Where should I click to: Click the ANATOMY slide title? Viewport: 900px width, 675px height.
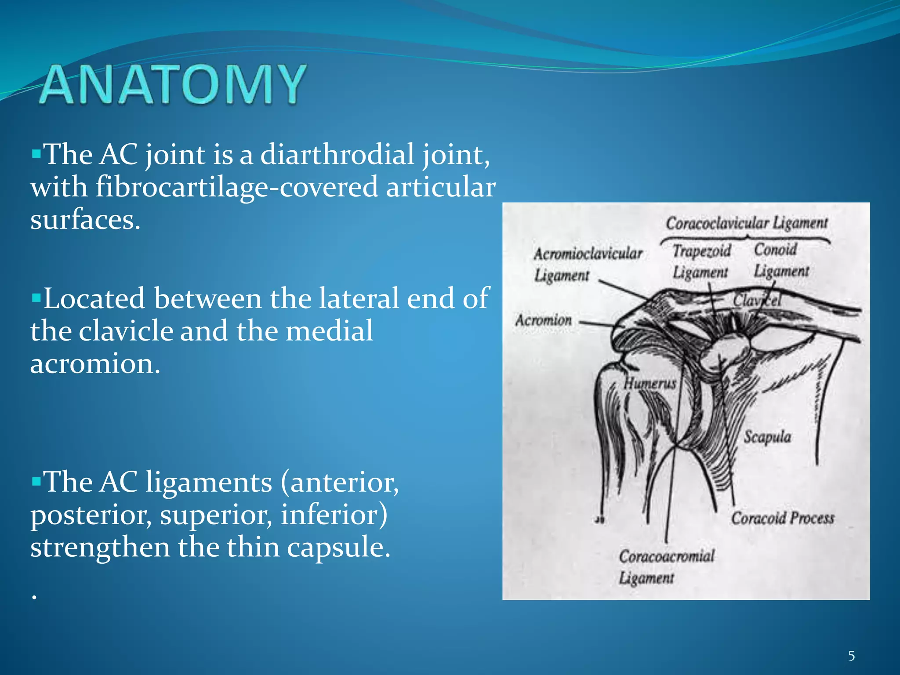(173, 84)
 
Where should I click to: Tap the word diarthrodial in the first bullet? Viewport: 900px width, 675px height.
(337, 155)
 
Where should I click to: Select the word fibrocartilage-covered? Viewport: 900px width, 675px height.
(236, 187)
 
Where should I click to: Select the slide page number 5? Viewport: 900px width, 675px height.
(851, 656)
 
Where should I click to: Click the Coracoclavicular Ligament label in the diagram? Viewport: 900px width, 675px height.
(746, 223)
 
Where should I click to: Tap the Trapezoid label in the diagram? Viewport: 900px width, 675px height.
(702, 251)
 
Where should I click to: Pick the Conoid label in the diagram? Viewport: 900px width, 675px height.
(776, 250)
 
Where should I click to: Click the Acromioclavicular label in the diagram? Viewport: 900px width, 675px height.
(588, 254)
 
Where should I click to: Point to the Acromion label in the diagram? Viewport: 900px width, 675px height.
(544, 320)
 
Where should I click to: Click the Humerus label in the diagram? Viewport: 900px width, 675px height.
(650, 383)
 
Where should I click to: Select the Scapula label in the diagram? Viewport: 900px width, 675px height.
(767, 437)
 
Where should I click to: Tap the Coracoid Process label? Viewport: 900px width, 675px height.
(782, 519)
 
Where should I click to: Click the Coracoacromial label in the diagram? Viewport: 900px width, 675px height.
(667, 556)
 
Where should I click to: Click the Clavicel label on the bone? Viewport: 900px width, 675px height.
(757, 301)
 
